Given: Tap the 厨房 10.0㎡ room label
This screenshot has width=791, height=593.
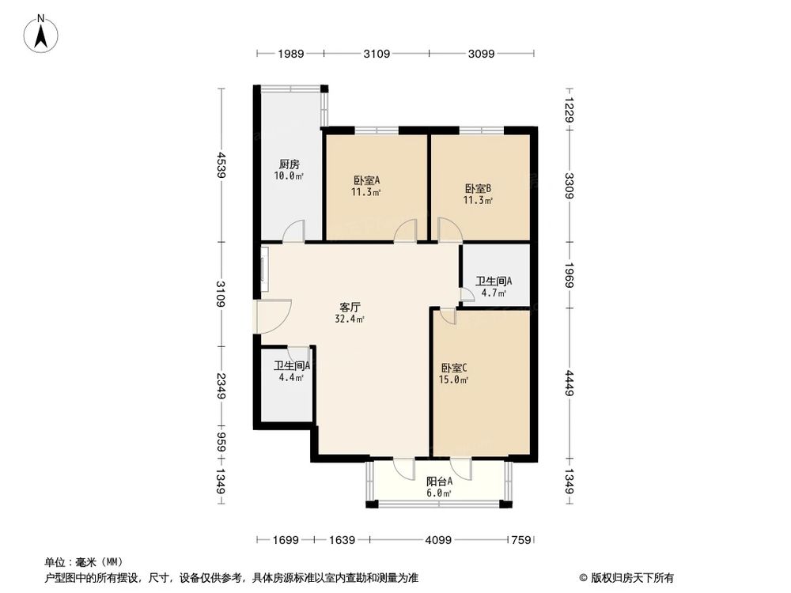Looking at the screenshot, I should (288, 170).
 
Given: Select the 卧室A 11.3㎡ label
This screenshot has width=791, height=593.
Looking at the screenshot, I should (366, 185).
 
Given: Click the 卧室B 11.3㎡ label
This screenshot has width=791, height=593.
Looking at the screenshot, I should (478, 194).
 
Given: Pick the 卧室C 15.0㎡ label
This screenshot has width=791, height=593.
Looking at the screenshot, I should (454, 373).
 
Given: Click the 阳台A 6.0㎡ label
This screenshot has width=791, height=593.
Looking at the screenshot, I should (439, 486).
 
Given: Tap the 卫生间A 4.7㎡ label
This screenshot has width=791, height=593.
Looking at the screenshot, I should (494, 285).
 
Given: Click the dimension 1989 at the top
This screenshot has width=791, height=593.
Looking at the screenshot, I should (290, 54).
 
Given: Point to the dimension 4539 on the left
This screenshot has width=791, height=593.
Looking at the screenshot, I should (223, 165).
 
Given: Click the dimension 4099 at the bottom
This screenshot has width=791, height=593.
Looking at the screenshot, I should (438, 541).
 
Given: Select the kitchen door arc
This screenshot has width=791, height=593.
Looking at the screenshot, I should (293, 231).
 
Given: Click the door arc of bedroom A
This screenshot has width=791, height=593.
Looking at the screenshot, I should (406, 231).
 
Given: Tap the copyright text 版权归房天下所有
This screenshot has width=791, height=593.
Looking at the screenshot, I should (630, 577).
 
